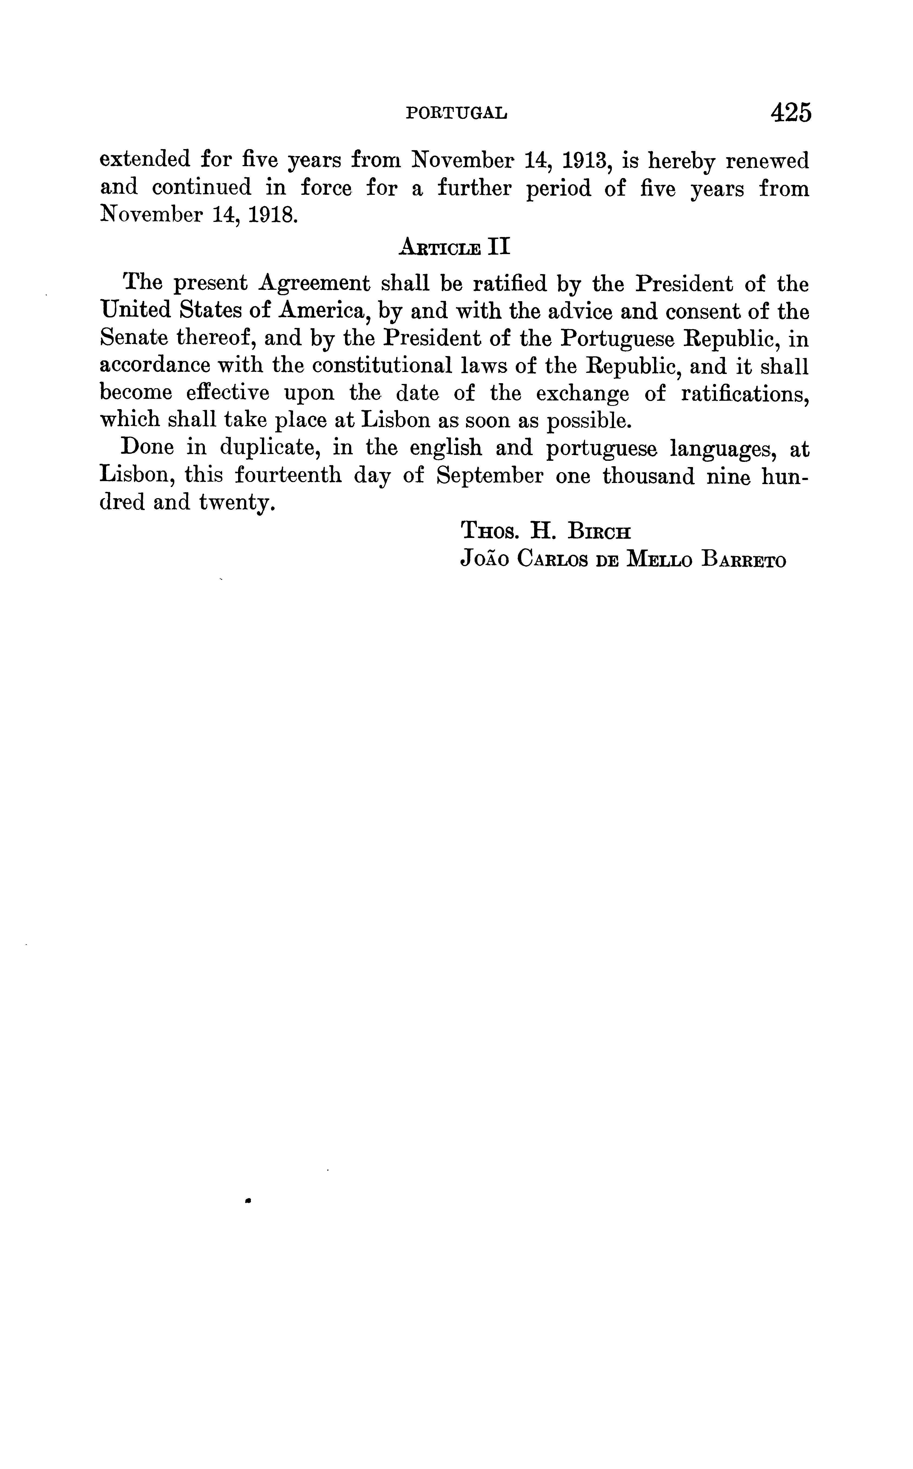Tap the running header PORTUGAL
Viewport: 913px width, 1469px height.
(456, 113)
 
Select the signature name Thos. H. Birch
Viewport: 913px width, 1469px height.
(546, 531)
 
